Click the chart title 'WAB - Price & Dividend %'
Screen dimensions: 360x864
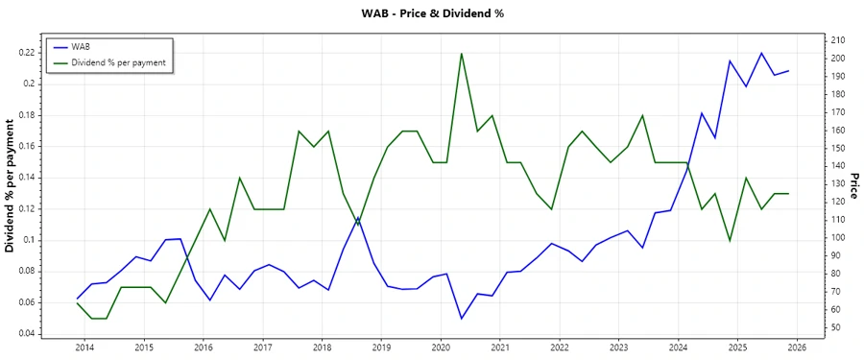(x=431, y=13)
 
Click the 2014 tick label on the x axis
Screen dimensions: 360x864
(x=84, y=348)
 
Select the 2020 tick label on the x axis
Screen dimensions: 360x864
(x=441, y=348)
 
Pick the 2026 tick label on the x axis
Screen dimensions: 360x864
(x=797, y=348)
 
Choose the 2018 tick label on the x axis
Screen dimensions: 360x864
(x=322, y=348)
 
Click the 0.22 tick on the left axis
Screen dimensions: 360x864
(x=26, y=52)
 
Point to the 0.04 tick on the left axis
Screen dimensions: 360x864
(x=26, y=334)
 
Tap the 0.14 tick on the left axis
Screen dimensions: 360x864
(x=26, y=178)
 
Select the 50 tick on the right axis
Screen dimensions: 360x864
(x=831, y=327)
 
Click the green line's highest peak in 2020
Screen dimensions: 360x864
(x=462, y=53)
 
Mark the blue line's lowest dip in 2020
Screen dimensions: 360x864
(x=462, y=319)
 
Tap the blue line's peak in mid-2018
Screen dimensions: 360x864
(x=358, y=218)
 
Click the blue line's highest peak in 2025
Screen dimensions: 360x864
(x=761, y=53)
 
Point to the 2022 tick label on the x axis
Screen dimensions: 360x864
(x=560, y=348)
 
